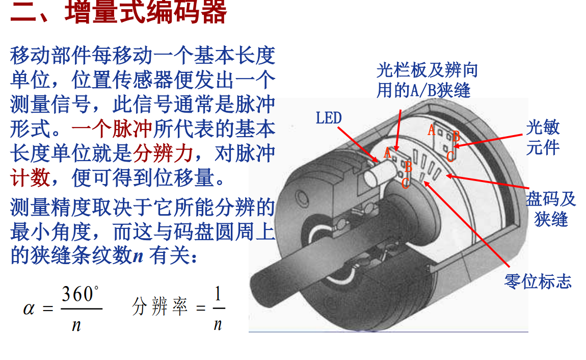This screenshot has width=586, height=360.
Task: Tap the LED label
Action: pos(328,118)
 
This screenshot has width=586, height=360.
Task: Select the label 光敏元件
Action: pos(543,138)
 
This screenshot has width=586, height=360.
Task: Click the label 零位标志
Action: pos(538,281)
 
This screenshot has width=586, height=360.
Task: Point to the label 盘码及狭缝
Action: pos(551,209)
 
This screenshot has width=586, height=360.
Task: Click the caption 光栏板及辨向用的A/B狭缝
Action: pos(427,80)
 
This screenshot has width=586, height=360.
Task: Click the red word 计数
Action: pos(30,177)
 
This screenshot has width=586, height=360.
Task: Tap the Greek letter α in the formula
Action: pos(29,309)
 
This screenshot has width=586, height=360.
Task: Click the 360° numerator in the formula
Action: pos(80,294)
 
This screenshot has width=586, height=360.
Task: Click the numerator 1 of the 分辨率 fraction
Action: pos(218,294)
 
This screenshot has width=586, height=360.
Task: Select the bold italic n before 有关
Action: pos(138,256)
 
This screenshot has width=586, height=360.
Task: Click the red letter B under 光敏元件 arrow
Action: pos(456,136)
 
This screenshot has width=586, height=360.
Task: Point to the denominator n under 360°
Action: pos(76,324)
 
